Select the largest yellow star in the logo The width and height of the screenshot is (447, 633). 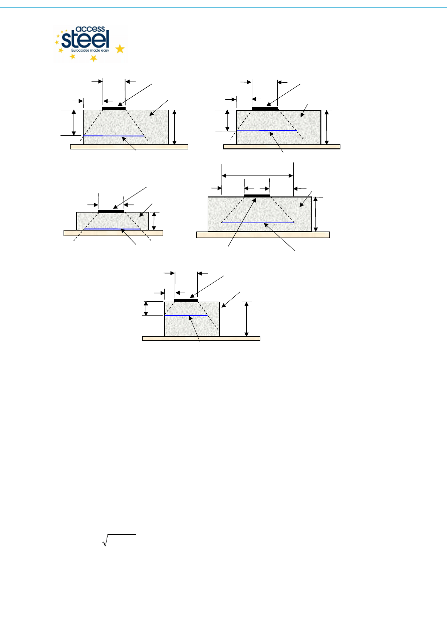120,49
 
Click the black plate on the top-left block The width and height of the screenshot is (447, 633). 114,108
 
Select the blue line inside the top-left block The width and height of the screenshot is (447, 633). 114,136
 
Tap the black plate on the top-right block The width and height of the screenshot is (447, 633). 264,108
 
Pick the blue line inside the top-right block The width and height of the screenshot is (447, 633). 267,130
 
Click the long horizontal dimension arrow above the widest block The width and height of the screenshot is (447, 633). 257,175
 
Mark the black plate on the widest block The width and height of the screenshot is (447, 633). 256,195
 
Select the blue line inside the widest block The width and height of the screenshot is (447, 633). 257,222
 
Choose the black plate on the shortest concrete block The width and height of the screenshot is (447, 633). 111,212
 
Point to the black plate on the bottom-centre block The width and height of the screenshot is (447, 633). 186,300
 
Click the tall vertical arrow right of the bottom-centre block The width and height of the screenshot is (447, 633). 246,319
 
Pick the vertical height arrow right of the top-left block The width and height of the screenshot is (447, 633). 174,127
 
